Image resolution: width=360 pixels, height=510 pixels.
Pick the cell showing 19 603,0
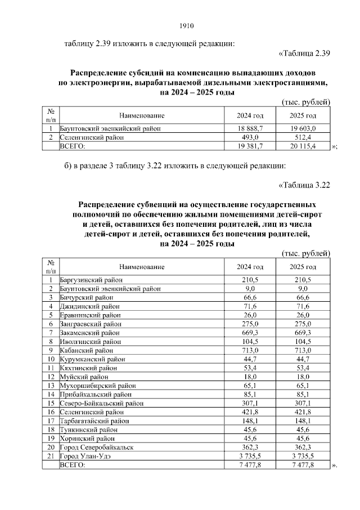[x=303, y=128]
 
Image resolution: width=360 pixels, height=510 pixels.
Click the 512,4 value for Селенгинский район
[x=303, y=137]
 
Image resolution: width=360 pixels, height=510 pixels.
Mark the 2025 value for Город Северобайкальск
[x=303, y=448]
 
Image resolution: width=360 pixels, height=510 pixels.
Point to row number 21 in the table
[x=51, y=457]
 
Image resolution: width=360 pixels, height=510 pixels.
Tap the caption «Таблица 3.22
[x=304, y=185]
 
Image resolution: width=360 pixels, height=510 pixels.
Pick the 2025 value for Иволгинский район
[x=303, y=341]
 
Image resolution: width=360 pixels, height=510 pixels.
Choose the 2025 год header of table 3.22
[x=303, y=266]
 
